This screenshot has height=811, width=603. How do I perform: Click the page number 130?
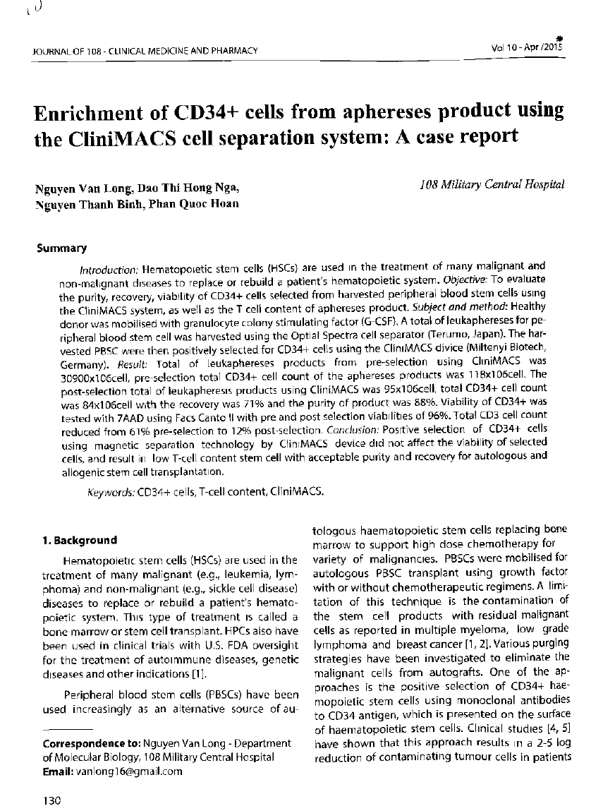pos(53,800)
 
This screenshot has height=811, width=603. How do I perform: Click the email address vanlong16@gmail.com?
pos(132,771)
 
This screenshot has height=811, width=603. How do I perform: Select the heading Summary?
pos(61,248)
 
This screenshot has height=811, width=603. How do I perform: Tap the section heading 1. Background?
pos(80,540)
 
